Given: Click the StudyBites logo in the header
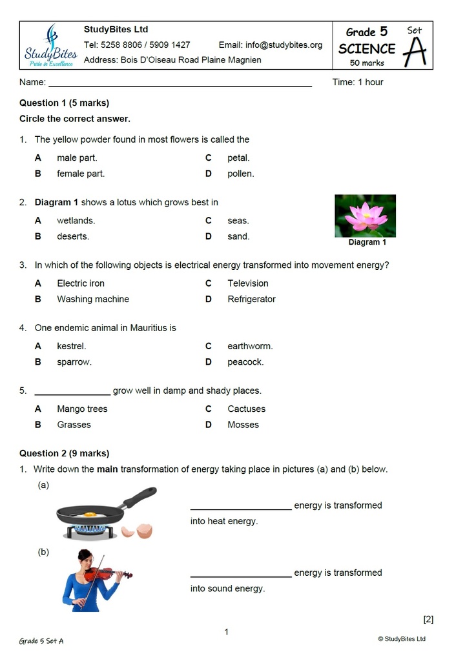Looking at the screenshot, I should click(x=50, y=45).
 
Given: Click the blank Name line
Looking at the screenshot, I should click(x=180, y=83).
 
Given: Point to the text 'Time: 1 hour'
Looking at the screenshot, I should click(x=357, y=83).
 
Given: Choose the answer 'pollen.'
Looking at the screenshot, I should click(x=240, y=174).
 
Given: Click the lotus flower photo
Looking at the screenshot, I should click(x=365, y=216).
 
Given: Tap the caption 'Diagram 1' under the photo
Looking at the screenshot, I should click(x=367, y=243).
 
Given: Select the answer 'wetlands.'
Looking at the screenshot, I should click(x=76, y=221).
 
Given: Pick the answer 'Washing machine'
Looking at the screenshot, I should click(x=92, y=300).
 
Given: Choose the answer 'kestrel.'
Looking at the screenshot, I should click(x=71, y=347).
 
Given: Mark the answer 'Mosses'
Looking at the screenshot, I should click(x=243, y=425).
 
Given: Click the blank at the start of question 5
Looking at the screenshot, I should click(x=72, y=391).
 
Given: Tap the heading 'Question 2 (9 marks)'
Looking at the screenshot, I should click(x=64, y=453).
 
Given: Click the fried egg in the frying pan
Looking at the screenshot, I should click(x=90, y=514).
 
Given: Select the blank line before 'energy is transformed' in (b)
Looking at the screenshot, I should click(x=240, y=574).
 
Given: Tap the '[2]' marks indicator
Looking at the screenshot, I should click(x=428, y=620).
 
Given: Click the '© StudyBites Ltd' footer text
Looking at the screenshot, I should click(x=402, y=639).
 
